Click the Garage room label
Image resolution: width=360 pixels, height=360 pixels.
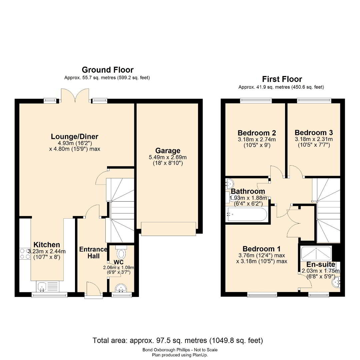pyautogui.click(x=168, y=151)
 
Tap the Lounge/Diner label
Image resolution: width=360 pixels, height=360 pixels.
pyautogui.click(x=75, y=137)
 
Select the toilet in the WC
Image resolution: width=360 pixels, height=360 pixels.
pyautogui.click(x=121, y=252)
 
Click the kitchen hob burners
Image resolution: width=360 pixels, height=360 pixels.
pyautogui.click(x=25, y=254)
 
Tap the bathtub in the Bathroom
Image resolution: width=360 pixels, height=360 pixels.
pyautogui.click(x=246, y=215)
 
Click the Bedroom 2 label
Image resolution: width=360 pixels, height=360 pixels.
pyautogui.click(x=257, y=133)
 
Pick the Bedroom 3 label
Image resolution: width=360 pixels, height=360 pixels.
pyautogui.click(x=314, y=132)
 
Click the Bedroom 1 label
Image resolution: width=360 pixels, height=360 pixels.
pyautogui.click(x=262, y=249)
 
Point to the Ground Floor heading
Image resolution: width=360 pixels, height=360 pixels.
pyautogui.click(x=107, y=70)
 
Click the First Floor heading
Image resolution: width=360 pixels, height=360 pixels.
pyautogui.click(x=282, y=79)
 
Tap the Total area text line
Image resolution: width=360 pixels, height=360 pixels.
pyautogui.click(x=178, y=340)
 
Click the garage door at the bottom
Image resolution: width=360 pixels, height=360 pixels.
pyautogui.click(x=168, y=229)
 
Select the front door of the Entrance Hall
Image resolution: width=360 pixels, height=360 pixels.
pyautogui.click(x=94, y=290)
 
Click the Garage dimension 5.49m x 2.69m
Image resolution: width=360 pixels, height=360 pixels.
pyautogui.click(x=168, y=157)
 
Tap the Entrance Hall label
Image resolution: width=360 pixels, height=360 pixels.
pyautogui.click(x=93, y=253)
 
